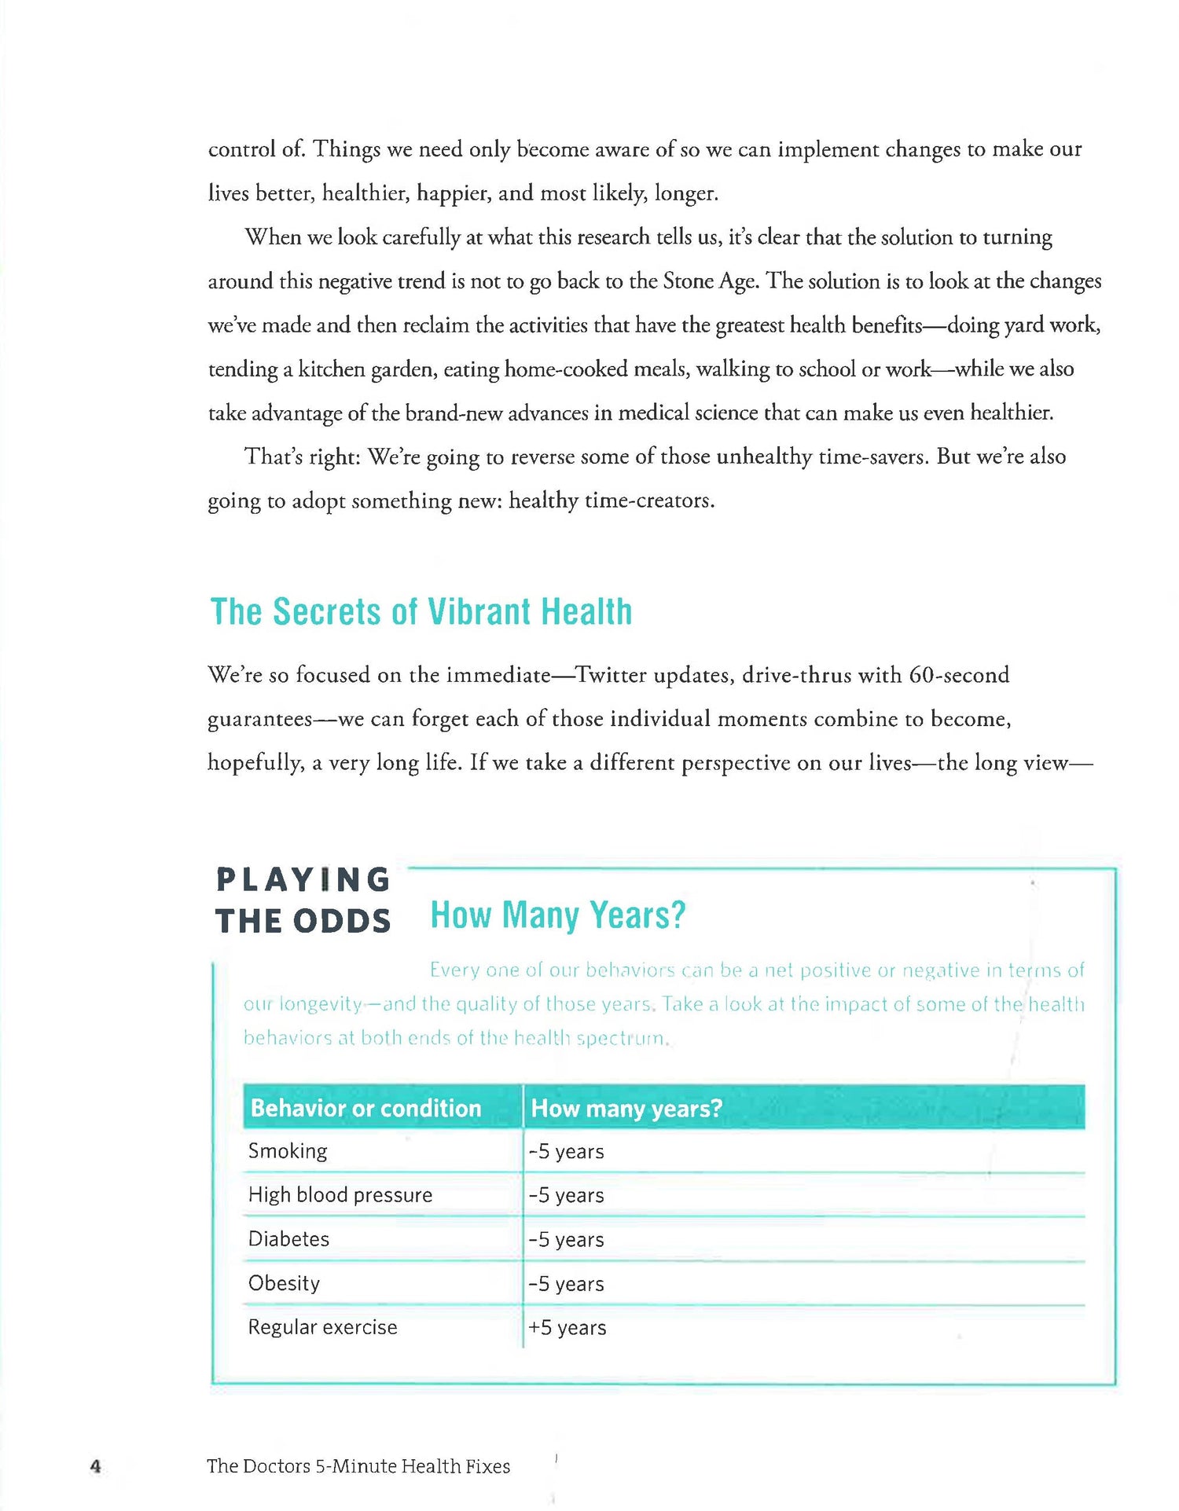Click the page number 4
point(96,1466)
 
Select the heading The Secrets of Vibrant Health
point(421,612)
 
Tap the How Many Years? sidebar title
point(558,915)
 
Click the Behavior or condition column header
point(365,1108)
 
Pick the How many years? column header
point(626,1108)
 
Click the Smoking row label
point(288,1151)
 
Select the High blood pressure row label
point(340,1195)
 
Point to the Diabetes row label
point(288,1239)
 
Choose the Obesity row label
point(284,1283)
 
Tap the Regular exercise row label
point(322,1327)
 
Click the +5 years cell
point(567,1328)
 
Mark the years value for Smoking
point(566,1152)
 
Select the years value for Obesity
point(566,1284)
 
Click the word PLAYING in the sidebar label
point(303,880)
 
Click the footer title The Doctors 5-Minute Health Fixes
point(358,1466)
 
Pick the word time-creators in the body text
point(648,501)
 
